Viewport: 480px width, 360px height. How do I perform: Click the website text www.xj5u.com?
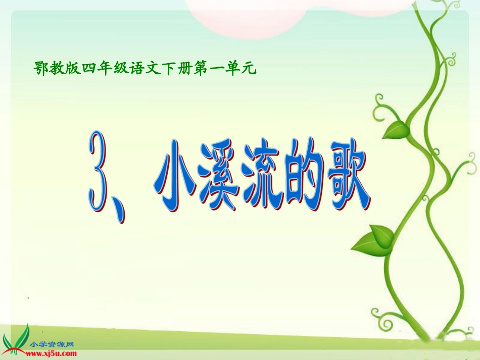pyautogui.click(x=54, y=351)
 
